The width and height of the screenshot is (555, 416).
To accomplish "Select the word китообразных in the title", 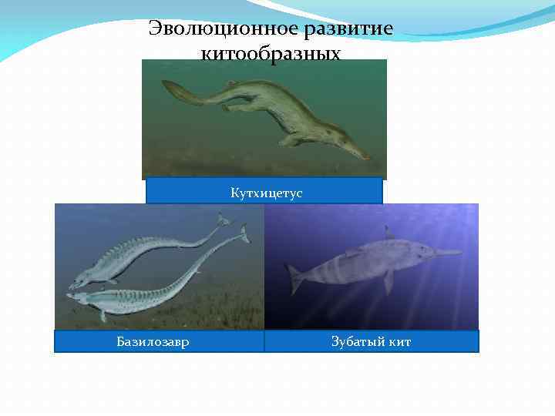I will (271, 53).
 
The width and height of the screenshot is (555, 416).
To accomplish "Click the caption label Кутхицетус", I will (264, 192).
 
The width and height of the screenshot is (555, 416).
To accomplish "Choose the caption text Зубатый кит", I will (371, 341).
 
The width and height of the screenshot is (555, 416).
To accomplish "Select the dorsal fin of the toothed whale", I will (388, 232).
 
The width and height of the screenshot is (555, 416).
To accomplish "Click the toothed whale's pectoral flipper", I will (388, 279).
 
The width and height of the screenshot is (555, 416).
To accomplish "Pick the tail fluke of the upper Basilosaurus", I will (224, 220).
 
